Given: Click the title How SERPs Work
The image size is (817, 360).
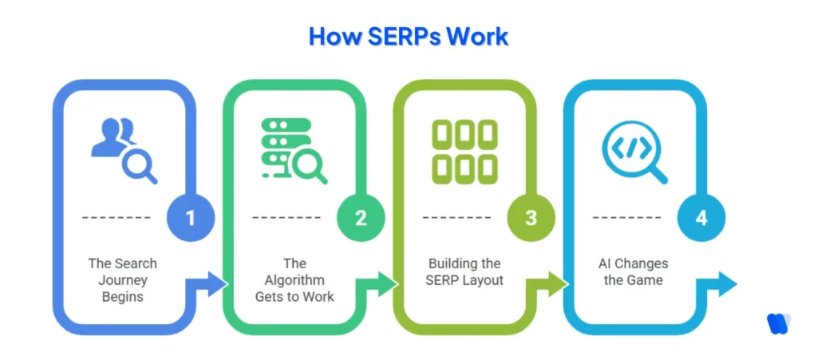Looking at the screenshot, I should (x=408, y=37).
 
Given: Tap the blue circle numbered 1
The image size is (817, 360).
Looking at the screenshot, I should (x=191, y=217).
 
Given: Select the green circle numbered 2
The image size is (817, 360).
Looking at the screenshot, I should (x=361, y=217).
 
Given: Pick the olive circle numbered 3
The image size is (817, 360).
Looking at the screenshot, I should (x=531, y=217).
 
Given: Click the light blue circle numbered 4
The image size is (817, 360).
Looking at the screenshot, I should (x=701, y=217).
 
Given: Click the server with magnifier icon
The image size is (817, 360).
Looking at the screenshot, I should (x=293, y=150).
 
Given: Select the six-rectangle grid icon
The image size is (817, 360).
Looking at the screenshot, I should (x=464, y=150).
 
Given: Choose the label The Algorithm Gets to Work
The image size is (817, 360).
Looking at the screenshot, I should (x=294, y=280).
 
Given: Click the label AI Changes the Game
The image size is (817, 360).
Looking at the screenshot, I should (x=633, y=272).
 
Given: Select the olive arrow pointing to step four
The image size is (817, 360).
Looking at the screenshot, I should (x=555, y=284).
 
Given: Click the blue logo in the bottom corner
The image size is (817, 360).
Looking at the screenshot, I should (x=778, y=322).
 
